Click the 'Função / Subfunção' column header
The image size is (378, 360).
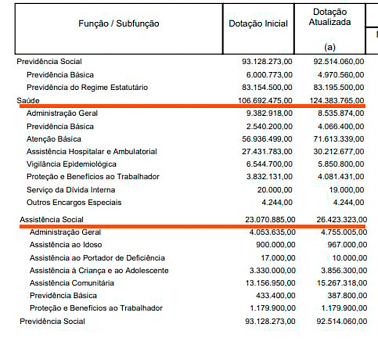click(x=119, y=24)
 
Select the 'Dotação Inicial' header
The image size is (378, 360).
click(x=258, y=24)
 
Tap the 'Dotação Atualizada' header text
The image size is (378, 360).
click(x=330, y=17)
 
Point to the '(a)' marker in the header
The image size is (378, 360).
click(x=329, y=47)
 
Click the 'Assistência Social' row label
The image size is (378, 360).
click(x=52, y=220)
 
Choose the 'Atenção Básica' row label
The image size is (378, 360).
click(x=54, y=139)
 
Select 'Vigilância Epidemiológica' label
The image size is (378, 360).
click(x=71, y=164)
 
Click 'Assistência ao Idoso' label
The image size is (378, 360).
click(x=66, y=245)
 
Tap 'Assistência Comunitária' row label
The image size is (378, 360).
click(x=72, y=283)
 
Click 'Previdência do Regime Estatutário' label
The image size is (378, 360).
click(x=87, y=87)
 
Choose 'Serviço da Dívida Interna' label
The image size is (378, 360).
click(x=71, y=189)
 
